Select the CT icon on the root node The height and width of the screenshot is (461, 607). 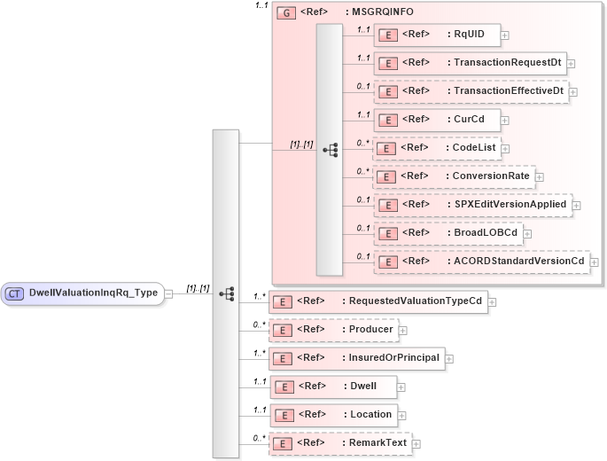(15, 293)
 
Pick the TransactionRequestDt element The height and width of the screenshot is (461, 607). (469, 63)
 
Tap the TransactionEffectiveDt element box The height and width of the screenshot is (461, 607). (470, 91)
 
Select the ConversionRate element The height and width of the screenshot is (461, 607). (453, 176)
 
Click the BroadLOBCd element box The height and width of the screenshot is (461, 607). (447, 233)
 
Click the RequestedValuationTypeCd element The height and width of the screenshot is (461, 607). (377, 301)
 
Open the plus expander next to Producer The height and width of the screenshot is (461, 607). (403, 330)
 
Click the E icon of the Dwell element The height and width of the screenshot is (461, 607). (283, 387)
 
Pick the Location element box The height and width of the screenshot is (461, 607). (332, 415)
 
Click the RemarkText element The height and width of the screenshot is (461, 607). (340, 443)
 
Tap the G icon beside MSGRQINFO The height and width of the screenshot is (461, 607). (286, 13)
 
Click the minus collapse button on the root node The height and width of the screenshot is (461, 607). (169, 293)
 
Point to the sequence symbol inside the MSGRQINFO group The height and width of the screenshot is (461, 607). (330, 150)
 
